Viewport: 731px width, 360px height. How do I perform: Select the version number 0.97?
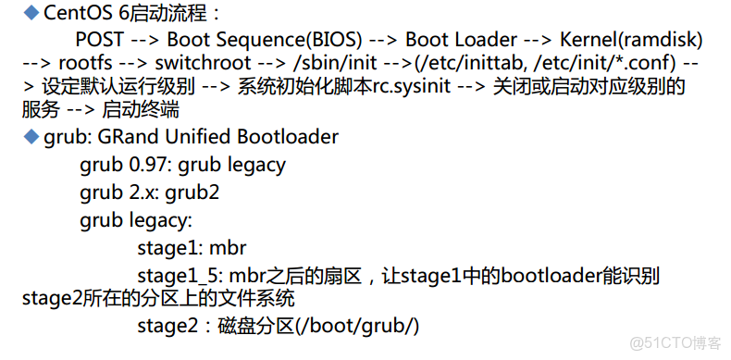146,166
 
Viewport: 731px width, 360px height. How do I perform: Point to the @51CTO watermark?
674,341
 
